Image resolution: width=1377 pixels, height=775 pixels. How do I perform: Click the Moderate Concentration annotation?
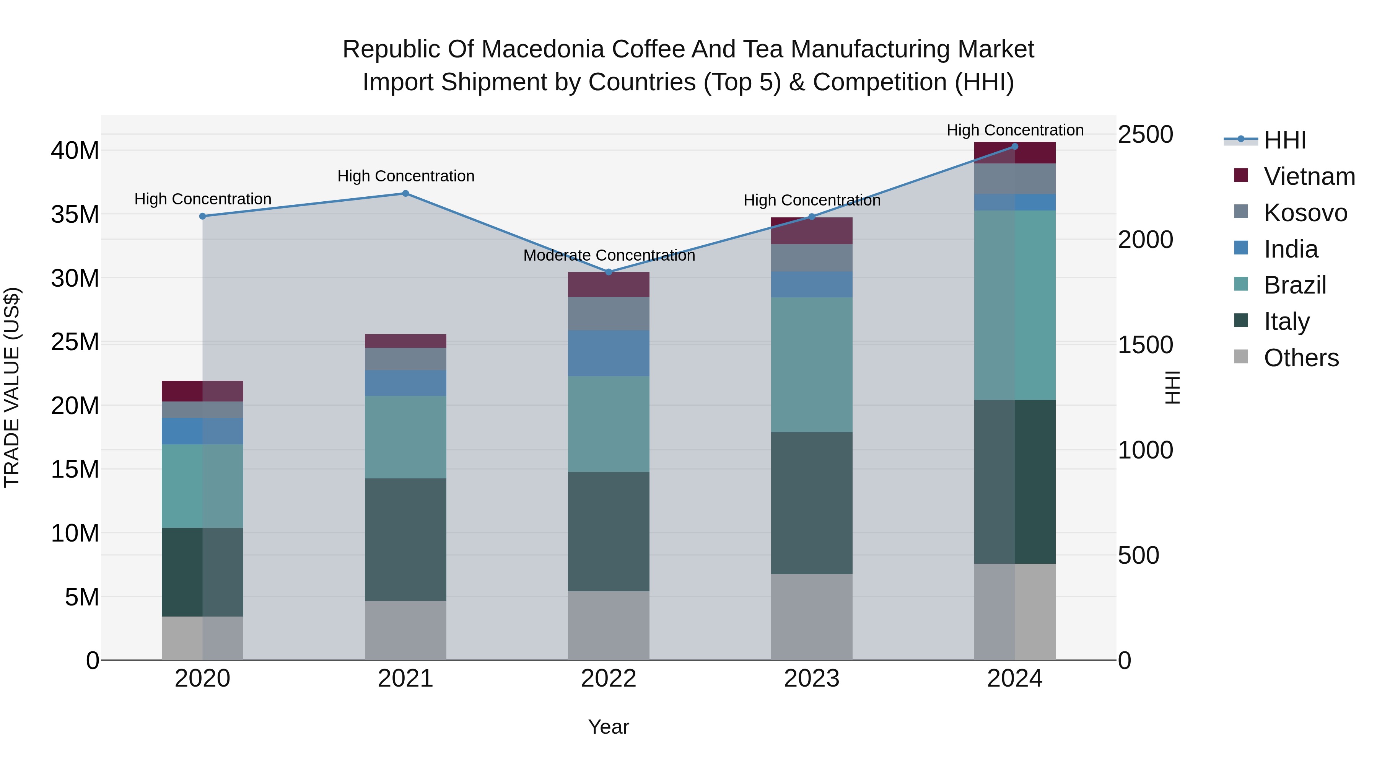(x=609, y=256)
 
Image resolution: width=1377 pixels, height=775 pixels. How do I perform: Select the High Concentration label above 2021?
(x=406, y=176)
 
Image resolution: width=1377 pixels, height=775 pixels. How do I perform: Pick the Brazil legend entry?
(x=1294, y=285)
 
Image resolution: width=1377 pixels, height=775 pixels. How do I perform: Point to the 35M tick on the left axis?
(x=75, y=214)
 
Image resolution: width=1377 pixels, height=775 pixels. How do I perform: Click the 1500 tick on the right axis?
(x=1145, y=345)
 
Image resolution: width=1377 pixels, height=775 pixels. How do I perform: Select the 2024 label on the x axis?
(x=1014, y=679)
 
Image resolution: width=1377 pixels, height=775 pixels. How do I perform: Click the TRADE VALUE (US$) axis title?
(x=12, y=387)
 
